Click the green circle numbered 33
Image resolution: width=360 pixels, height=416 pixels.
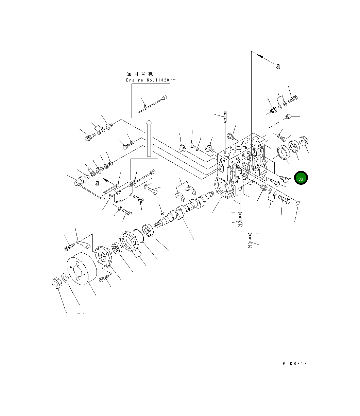coord(301,178)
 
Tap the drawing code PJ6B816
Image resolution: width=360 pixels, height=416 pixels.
coord(295,363)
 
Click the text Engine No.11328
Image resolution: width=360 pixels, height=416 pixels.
coord(148,80)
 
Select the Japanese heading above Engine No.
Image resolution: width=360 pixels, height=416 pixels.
coord(140,74)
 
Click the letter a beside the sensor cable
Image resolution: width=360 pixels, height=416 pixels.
coord(97,183)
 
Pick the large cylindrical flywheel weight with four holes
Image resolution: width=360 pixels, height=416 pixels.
coord(82,269)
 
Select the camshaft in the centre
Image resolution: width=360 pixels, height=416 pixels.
coord(183,210)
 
